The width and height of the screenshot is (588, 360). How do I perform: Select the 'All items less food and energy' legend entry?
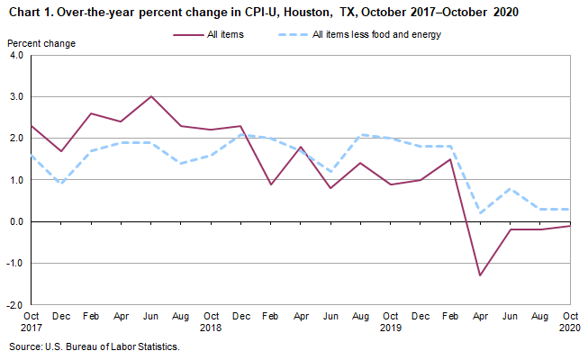pos(375,35)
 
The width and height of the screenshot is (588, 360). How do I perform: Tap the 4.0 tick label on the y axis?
pos(15,55)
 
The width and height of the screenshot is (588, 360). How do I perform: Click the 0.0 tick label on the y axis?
pos(15,221)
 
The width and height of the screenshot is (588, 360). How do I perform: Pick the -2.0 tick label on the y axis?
pos(14,305)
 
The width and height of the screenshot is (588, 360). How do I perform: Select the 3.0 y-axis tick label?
pos(15,96)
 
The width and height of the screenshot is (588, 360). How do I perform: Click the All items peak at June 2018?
pos(151,96)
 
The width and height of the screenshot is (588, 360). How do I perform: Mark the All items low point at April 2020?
pos(479,275)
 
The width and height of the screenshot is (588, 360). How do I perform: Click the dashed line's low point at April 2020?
pos(479,213)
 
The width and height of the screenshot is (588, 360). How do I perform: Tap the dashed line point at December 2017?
pos(60,184)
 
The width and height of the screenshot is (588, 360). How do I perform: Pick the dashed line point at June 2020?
pos(509,188)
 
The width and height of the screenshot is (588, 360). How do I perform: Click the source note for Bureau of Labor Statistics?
pos(95,346)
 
